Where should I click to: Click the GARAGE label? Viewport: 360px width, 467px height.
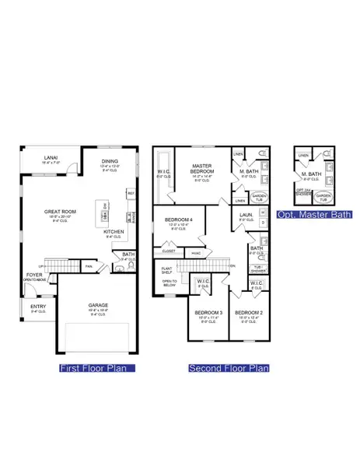(x=97, y=305)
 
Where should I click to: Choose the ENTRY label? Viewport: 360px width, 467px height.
(x=38, y=306)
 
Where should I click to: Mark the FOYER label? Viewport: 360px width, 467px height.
(x=35, y=275)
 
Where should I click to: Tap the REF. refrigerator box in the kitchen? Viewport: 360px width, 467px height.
(x=131, y=193)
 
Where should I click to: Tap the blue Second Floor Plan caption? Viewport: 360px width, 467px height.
(x=229, y=367)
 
